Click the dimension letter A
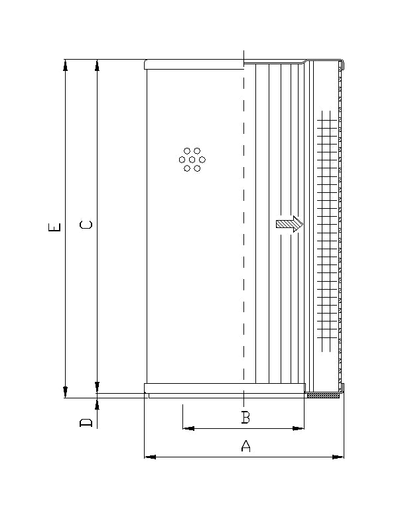(245, 446)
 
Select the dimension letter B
(245, 418)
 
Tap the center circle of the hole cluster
(192, 160)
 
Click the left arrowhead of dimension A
(149, 457)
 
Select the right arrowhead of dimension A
(340, 457)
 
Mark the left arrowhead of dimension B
(188, 428)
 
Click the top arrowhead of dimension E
(66, 65)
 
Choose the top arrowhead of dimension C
(98, 65)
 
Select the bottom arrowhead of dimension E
(66, 392)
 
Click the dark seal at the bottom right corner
(325, 396)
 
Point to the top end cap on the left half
(194, 64)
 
